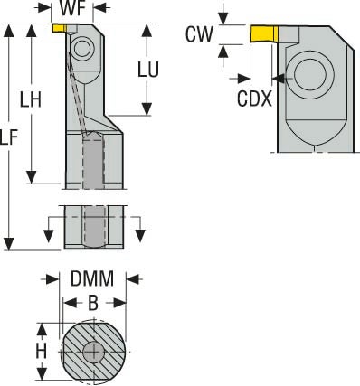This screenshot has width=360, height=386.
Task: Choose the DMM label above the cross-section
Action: [x=93, y=279]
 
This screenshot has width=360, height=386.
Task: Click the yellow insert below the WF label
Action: [x=59, y=28]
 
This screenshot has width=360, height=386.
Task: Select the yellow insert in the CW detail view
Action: [x=263, y=35]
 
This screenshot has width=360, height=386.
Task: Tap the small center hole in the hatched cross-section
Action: [x=93, y=351]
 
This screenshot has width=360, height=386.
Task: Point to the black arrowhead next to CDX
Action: [x=285, y=79]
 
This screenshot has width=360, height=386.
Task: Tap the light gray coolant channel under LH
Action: [x=93, y=163]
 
